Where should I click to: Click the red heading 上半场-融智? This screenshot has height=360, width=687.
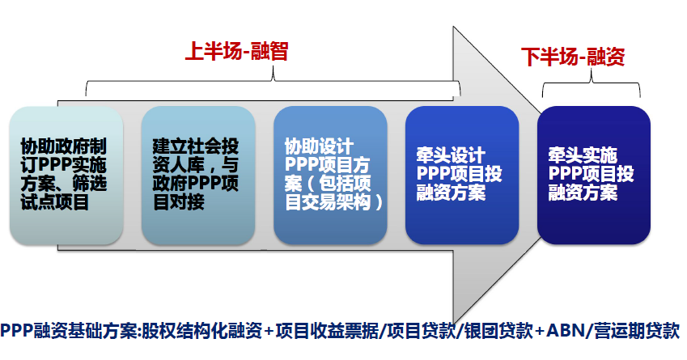236,51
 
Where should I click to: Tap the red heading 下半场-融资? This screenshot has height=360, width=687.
573,57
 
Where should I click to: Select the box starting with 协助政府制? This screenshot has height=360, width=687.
66,176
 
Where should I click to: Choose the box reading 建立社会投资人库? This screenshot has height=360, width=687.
198,176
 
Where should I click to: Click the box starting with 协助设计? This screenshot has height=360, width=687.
330,176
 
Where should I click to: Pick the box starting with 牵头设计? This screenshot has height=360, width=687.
462,176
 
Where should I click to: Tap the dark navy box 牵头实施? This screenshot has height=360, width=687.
594,176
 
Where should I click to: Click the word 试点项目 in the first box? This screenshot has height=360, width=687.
55,202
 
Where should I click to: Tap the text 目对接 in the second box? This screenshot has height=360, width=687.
178,202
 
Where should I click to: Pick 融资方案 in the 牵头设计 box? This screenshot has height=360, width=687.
451,193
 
